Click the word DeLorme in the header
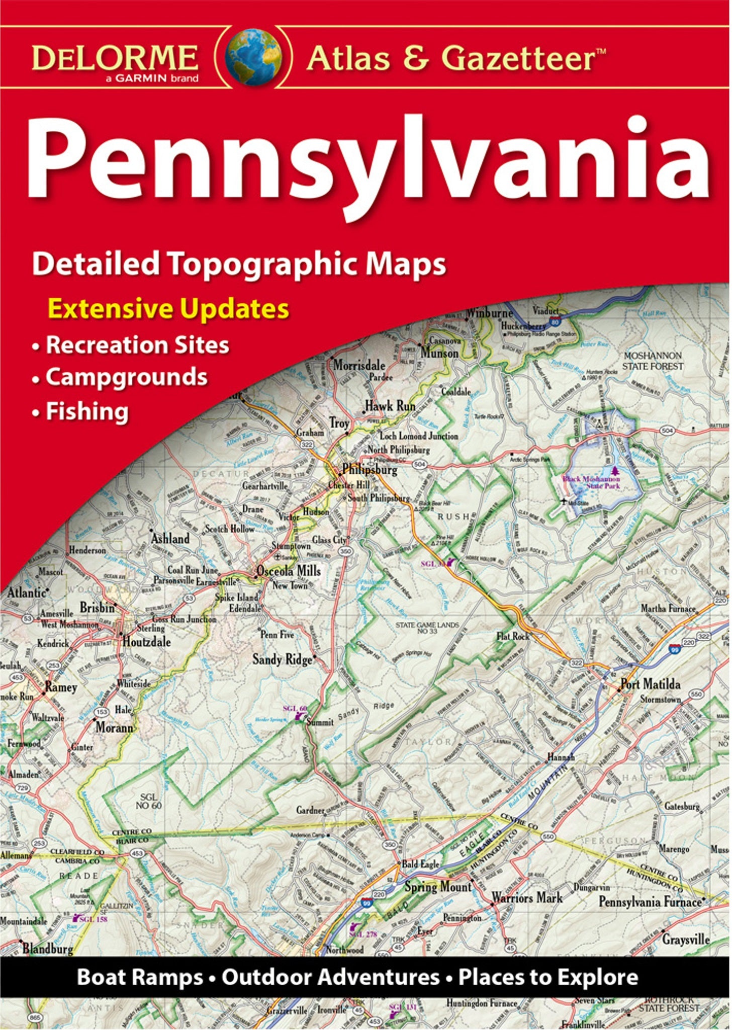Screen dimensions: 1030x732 (x=115, y=58)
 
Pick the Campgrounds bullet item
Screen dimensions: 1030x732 (x=126, y=377)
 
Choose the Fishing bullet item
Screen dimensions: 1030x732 (x=87, y=411)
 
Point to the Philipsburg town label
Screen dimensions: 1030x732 (x=370, y=470)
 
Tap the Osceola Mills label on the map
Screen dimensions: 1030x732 (x=289, y=571)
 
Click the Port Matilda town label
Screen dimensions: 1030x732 (x=651, y=684)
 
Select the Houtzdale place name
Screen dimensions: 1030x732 (x=146, y=642)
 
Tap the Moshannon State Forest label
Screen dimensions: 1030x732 (x=653, y=361)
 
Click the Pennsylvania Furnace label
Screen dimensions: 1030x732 (x=650, y=902)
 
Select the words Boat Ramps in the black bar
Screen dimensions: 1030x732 (x=140, y=977)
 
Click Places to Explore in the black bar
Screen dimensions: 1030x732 (x=548, y=977)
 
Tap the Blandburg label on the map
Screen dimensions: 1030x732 (x=48, y=949)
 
